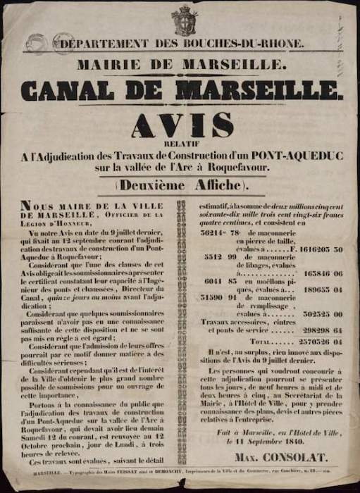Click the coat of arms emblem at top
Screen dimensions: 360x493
(185, 20)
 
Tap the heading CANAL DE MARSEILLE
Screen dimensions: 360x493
(182, 89)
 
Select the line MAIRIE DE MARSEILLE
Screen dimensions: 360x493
(182, 65)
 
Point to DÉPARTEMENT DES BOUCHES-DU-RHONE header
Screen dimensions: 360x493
(182, 44)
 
